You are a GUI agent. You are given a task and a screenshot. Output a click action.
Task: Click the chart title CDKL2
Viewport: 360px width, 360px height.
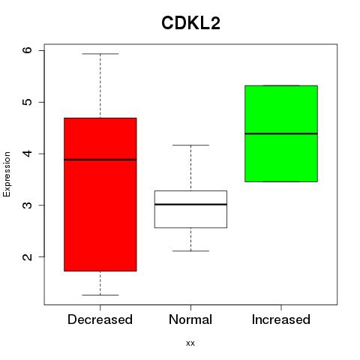190,23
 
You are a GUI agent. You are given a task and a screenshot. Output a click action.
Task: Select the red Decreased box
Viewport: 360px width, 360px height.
100,194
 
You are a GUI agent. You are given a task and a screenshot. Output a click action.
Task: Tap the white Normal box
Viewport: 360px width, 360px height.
190,209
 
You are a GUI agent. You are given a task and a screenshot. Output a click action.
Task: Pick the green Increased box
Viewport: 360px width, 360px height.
281,133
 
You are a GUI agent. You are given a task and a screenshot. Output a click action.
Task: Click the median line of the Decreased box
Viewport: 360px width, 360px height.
100,160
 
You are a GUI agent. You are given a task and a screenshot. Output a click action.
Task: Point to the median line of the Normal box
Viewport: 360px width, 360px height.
190,205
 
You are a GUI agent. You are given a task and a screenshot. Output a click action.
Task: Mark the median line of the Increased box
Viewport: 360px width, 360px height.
281,133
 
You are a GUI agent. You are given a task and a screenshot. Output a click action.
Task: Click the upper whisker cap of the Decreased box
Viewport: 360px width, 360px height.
100,54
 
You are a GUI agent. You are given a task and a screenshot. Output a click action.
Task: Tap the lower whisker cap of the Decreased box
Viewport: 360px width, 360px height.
100,295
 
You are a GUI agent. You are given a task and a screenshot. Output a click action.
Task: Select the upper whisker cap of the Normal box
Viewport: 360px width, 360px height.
190,145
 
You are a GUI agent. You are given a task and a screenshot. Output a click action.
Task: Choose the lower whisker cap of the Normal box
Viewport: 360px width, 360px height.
190,251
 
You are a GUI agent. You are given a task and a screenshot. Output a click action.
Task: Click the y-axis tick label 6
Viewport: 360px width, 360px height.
28,50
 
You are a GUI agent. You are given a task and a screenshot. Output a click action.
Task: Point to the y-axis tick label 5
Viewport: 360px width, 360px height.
28,102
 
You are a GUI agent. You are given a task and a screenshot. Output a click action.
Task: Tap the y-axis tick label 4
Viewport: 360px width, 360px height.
28,154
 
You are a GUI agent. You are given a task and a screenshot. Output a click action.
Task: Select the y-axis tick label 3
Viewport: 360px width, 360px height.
28,205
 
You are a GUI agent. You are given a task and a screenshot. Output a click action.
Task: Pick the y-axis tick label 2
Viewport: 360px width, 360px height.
28,256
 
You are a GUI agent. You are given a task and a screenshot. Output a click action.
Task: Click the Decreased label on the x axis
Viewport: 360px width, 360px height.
100,319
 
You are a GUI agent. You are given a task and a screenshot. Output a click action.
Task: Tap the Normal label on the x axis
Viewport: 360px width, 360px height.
190,319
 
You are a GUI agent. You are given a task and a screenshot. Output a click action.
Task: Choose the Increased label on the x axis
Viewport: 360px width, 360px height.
281,319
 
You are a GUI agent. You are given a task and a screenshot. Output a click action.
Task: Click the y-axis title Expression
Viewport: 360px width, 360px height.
7,174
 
